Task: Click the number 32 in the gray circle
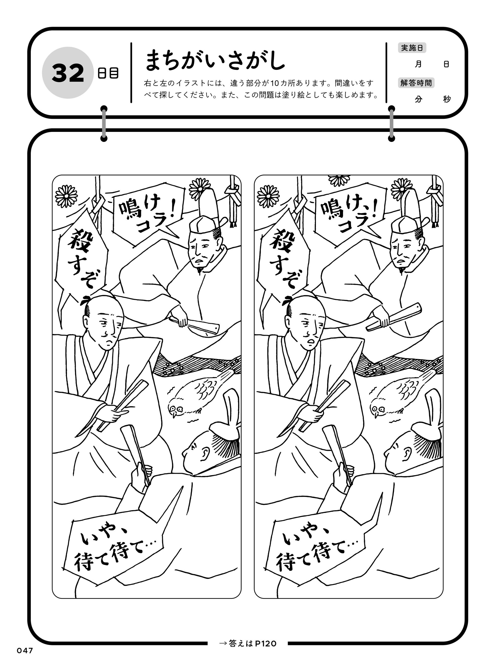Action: click(x=68, y=73)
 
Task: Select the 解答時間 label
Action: click(x=416, y=83)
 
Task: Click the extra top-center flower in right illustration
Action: click(x=339, y=180)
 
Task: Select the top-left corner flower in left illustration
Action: click(x=66, y=196)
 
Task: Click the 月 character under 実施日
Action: click(x=418, y=64)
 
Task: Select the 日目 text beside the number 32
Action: click(x=108, y=73)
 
